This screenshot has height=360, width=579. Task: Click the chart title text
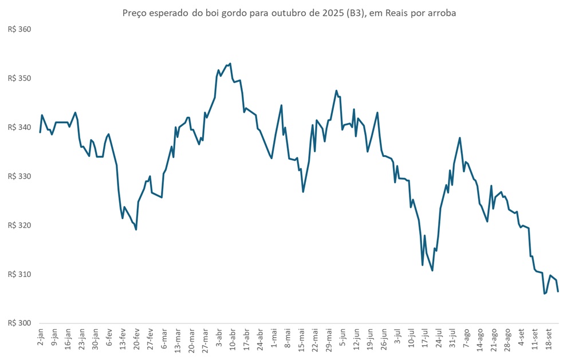tap(289, 13)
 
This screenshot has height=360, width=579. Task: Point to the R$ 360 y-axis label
tap(19, 29)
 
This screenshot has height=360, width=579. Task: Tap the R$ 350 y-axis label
tap(19, 78)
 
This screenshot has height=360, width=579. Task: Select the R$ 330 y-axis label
tap(19, 176)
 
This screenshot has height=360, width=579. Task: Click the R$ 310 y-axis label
tap(19, 275)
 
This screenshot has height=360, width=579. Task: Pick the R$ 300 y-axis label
tap(19, 323)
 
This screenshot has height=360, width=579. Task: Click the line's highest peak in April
tap(230, 64)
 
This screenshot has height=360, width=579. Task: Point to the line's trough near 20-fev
tap(136, 230)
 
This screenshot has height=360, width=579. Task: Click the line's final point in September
tap(558, 291)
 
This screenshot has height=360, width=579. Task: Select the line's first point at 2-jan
tap(40, 132)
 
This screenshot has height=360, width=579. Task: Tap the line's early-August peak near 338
tap(460, 137)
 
